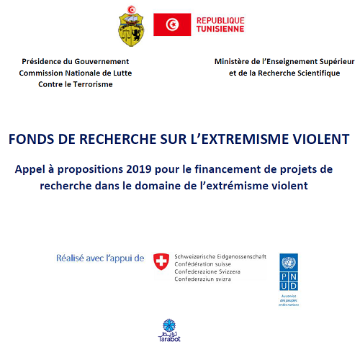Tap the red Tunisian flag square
(171, 25)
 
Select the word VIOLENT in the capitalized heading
(322, 138)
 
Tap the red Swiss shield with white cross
(162, 261)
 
